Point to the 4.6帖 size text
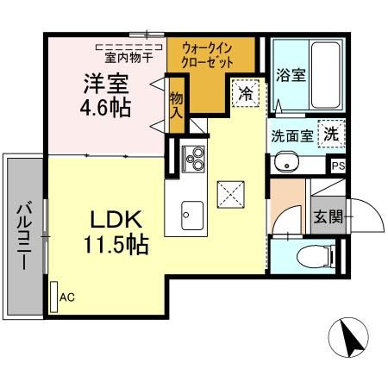click(106, 110)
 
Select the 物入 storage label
click(177, 103)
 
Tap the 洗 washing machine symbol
click(330, 134)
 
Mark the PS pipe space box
click(337, 165)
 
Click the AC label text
click(67, 296)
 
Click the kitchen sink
click(191, 212)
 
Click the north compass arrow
click(353, 337)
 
